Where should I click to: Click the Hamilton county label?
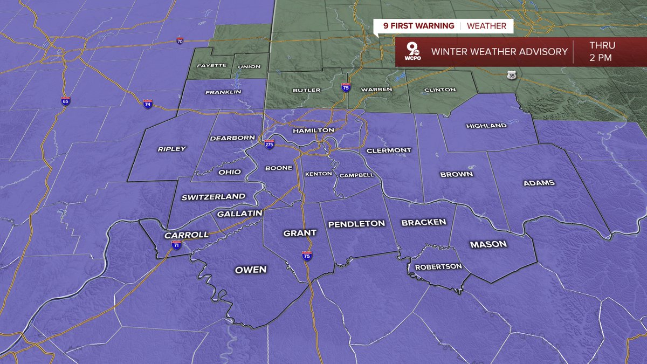[x=313, y=131]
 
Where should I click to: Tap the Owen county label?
[x=251, y=270]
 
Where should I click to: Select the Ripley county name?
[x=171, y=149]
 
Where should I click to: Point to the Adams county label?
[x=539, y=183]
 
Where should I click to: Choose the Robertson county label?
[x=438, y=266]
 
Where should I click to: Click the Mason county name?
[x=488, y=244]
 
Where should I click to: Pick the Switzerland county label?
[x=213, y=197]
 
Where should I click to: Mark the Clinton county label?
[x=440, y=90]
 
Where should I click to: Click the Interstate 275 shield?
[x=270, y=145]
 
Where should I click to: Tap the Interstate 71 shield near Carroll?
[x=176, y=244]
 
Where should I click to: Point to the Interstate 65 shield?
[x=65, y=101]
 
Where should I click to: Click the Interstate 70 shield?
[x=180, y=41]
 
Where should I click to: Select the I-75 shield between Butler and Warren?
[x=346, y=87]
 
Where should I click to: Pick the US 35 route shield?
[x=512, y=75]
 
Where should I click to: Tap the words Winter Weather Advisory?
[x=499, y=52]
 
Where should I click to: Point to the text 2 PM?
[x=601, y=58]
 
